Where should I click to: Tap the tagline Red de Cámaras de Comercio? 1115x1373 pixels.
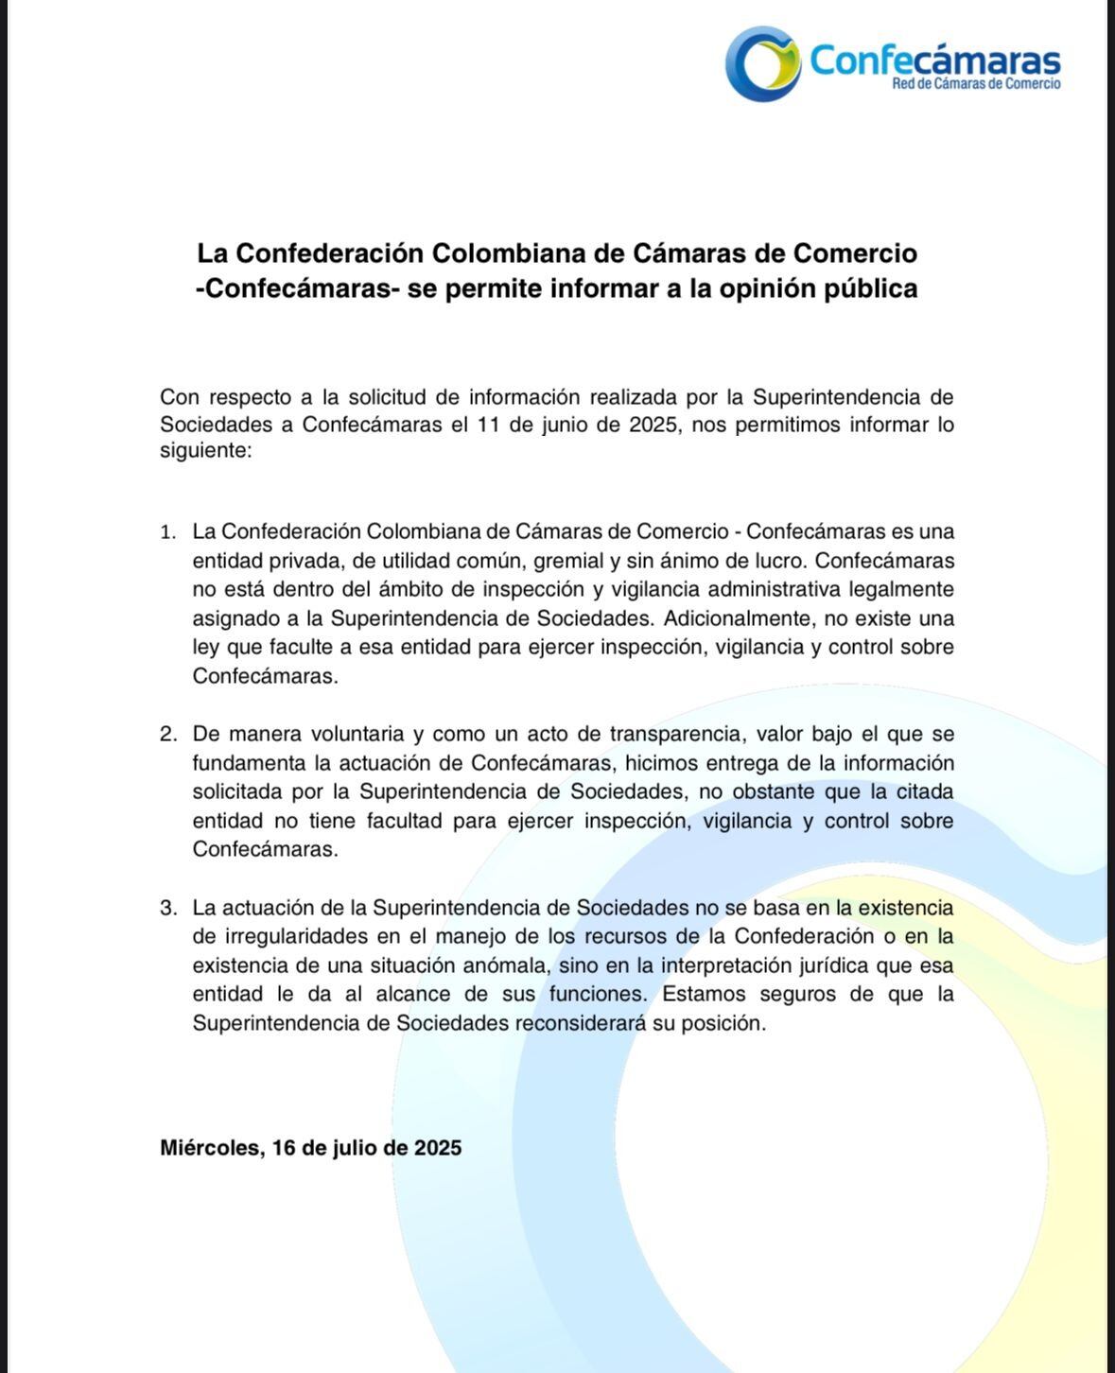point(976,84)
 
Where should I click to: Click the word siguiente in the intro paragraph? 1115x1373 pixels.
point(204,451)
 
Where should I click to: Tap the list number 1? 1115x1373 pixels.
point(168,532)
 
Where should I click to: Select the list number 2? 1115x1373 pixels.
point(168,734)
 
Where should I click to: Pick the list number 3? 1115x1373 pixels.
point(168,908)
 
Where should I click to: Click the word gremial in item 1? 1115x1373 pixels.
point(569,561)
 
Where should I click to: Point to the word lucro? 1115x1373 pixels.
point(778,561)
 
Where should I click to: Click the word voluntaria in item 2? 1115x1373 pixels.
point(325,734)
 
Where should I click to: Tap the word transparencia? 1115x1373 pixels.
point(674,734)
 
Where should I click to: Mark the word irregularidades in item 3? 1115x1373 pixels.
point(299,936)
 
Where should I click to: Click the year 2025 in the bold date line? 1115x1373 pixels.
point(437,1148)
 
